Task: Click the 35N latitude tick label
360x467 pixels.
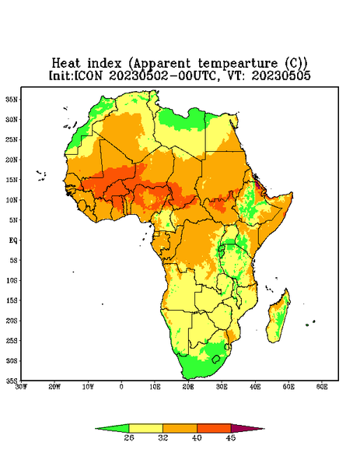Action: tap(12, 99)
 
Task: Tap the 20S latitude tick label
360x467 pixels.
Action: tap(12, 321)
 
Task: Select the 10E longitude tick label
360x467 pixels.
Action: tap(155, 387)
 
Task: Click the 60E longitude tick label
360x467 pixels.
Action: tap(322, 387)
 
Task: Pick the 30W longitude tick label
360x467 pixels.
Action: tap(21, 387)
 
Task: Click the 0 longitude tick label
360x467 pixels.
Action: tap(121, 387)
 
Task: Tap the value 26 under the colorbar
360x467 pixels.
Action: tap(129, 437)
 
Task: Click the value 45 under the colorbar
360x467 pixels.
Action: tap(231, 437)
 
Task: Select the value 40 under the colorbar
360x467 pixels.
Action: tap(197, 437)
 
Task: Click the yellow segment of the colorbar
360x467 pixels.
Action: tap(145, 428)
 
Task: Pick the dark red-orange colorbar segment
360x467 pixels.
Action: tap(214, 428)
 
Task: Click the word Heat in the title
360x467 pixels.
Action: tap(66, 63)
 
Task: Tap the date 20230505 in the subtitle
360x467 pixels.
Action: tap(281, 75)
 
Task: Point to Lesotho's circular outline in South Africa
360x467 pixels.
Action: tap(215, 359)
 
